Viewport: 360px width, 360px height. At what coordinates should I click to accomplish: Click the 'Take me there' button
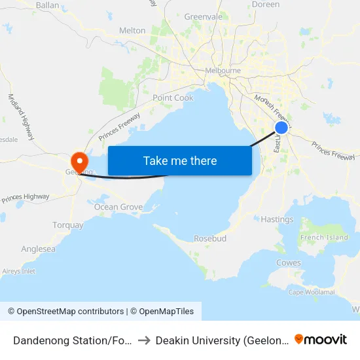click(180, 160)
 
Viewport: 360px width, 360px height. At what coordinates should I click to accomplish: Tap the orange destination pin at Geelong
click(79, 160)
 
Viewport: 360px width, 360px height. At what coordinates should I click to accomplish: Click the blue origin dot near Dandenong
click(281, 128)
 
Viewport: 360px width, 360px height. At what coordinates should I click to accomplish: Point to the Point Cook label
click(173, 98)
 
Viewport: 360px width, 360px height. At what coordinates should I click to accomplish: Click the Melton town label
click(132, 30)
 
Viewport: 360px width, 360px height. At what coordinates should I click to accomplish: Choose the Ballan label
click(47, 5)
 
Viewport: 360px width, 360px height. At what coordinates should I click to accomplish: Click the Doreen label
click(265, 5)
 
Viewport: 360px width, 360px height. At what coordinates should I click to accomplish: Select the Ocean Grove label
click(118, 207)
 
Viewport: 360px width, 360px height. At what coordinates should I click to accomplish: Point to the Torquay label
click(68, 225)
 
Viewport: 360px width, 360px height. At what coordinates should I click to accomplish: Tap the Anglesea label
click(38, 249)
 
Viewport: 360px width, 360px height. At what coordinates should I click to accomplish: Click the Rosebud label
click(210, 238)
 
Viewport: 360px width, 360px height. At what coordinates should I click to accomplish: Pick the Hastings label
click(277, 219)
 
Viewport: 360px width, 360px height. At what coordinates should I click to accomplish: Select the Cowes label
click(288, 263)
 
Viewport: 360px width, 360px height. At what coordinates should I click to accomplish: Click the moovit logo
click(321, 339)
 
